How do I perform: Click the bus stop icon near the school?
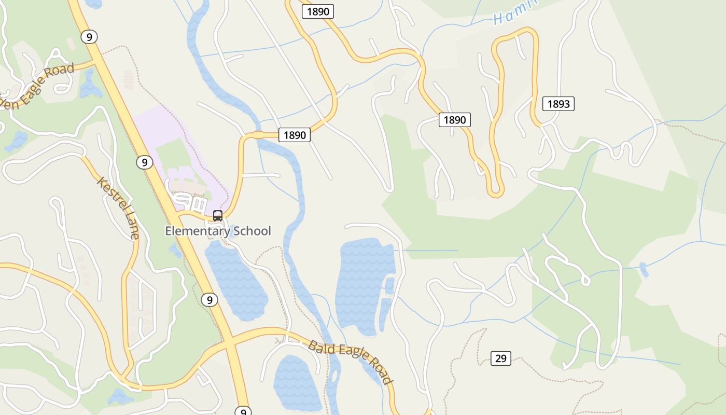[218, 215]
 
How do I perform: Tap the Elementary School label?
[218, 231]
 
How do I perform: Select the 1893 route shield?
[559, 104]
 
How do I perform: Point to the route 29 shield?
[500, 358]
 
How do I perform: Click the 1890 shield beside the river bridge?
[295, 135]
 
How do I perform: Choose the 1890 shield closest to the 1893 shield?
[455, 120]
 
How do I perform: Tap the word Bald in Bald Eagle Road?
[319, 345]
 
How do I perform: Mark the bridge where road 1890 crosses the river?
[258, 135]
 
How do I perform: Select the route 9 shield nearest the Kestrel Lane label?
[145, 162]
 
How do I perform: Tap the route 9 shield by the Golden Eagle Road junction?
[89, 37]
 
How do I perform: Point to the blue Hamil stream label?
[513, 14]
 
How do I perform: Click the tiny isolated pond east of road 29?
[644, 269]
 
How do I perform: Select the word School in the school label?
[252, 231]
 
